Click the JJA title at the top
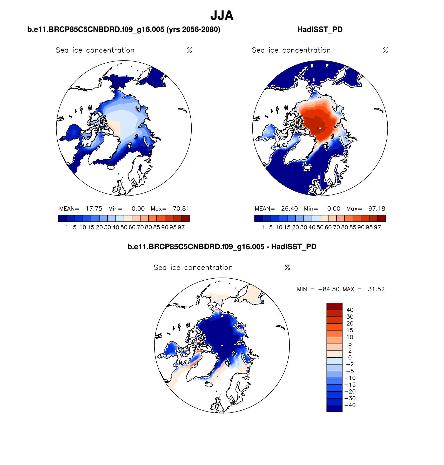(222, 16)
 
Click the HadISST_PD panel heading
(320, 30)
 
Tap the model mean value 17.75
(94, 209)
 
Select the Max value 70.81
(181, 209)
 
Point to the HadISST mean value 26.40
(290, 209)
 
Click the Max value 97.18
(376, 209)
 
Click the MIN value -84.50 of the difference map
(328, 289)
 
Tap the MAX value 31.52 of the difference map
(376, 289)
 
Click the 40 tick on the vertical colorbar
(350, 310)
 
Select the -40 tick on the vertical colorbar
(350, 405)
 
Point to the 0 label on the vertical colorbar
(350, 358)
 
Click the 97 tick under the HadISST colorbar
(377, 227)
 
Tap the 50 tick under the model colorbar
(124, 227)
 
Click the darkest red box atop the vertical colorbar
(334, 306)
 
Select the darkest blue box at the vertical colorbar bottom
(334, 408)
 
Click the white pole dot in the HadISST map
(320, 128)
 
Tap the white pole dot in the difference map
(222, 345)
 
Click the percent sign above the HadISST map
(386, 50)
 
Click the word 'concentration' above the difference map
(208, 268)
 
